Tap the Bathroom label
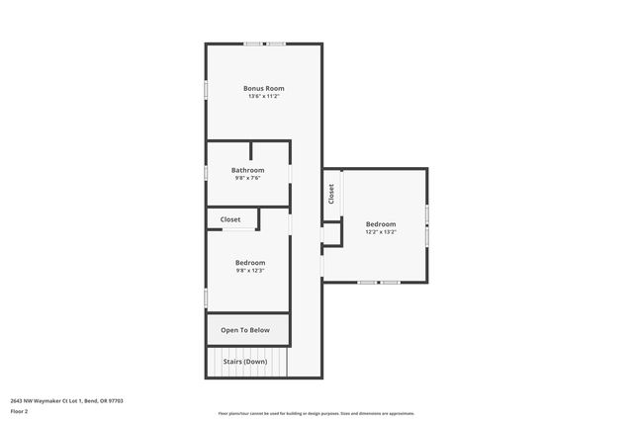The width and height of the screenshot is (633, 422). [248, 170]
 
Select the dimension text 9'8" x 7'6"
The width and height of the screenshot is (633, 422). [248, 179]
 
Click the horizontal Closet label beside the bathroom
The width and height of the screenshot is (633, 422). [230, 219]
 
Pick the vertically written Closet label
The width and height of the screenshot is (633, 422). [331, 194]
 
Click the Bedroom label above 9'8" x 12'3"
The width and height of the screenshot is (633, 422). [250, 262]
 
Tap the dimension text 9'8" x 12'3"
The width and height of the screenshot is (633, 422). [250, 271]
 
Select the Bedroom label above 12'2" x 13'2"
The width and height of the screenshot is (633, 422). [381, 223]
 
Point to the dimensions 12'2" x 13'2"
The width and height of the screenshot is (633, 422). [381, 232]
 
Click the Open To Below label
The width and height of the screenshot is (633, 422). [245, 330]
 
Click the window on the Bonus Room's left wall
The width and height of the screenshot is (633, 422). [206, 89]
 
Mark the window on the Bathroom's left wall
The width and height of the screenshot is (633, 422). [206, 171]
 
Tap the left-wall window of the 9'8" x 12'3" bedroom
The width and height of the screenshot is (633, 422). [206, 296]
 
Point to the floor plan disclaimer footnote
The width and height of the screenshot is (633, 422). [316, 414]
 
